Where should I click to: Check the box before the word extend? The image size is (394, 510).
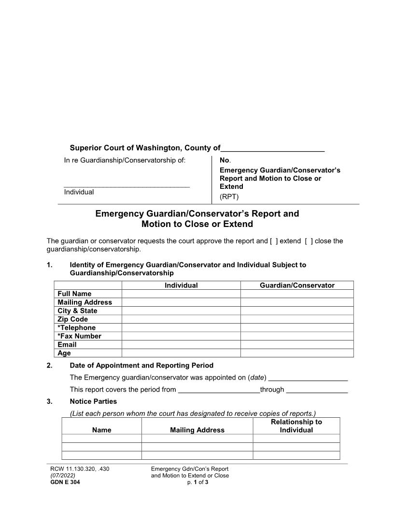[x=274, y=241]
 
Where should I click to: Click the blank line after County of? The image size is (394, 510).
[x=272, y=148]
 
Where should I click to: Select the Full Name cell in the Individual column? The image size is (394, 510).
[x=181, y=294]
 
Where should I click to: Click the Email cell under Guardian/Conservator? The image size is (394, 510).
[x=297, y=345]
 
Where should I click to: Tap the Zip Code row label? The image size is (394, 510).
[x=72, y=319]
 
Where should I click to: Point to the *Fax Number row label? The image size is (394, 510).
[x=79, y=336]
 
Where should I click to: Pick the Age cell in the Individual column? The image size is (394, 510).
[x=181, y=353]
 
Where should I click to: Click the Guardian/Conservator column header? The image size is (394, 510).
[x=297, y=285]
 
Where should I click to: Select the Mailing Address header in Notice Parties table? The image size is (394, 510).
[x=197, y=430]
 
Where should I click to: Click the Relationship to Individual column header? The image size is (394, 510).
[x=296, y=426]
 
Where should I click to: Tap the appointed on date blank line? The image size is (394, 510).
[x=308, y=377]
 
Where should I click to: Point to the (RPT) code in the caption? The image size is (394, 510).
[x=229, y=197]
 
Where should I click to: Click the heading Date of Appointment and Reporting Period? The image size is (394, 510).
[x=141, y=365]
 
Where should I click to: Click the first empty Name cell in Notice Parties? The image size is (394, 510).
[x=102, y=439]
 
